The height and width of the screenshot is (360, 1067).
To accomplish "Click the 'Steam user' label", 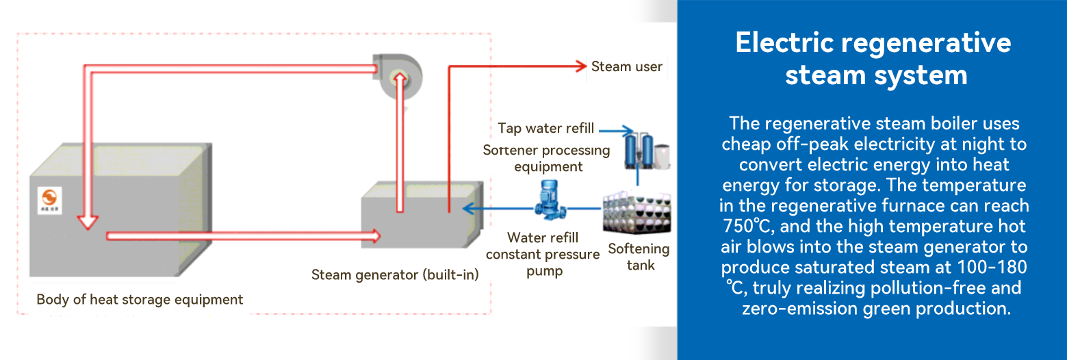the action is click(x=626, y=66).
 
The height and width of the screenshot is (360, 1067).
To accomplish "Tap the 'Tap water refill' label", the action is click(x=546, y=128).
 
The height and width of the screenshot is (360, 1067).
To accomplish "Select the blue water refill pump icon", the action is click(x=550, y=200).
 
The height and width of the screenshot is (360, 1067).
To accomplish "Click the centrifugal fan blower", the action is click(x=397, y=76).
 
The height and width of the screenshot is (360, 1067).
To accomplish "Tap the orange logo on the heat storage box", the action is click(x=49, y=201).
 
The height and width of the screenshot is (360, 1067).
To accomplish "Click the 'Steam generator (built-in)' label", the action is click(x=395, y=274).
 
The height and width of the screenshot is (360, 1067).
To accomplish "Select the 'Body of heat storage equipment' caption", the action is click(x=140, y=300).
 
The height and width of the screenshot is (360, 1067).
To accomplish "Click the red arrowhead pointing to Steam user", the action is click(x=580, y=66).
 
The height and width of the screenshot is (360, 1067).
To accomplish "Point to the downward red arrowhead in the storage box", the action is click(x=88, y=223).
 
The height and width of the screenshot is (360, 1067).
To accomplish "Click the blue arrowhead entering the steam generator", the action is click(x=469, y=208).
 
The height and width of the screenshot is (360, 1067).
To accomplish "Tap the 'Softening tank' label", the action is click(x=639, y=257).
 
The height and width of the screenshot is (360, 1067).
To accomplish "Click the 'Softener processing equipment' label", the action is click(x=546, y=159).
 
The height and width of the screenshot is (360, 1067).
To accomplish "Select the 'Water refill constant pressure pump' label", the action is click(x=543, y=255).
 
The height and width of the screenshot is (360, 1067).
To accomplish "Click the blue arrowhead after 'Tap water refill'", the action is click(x=628, y=131).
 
